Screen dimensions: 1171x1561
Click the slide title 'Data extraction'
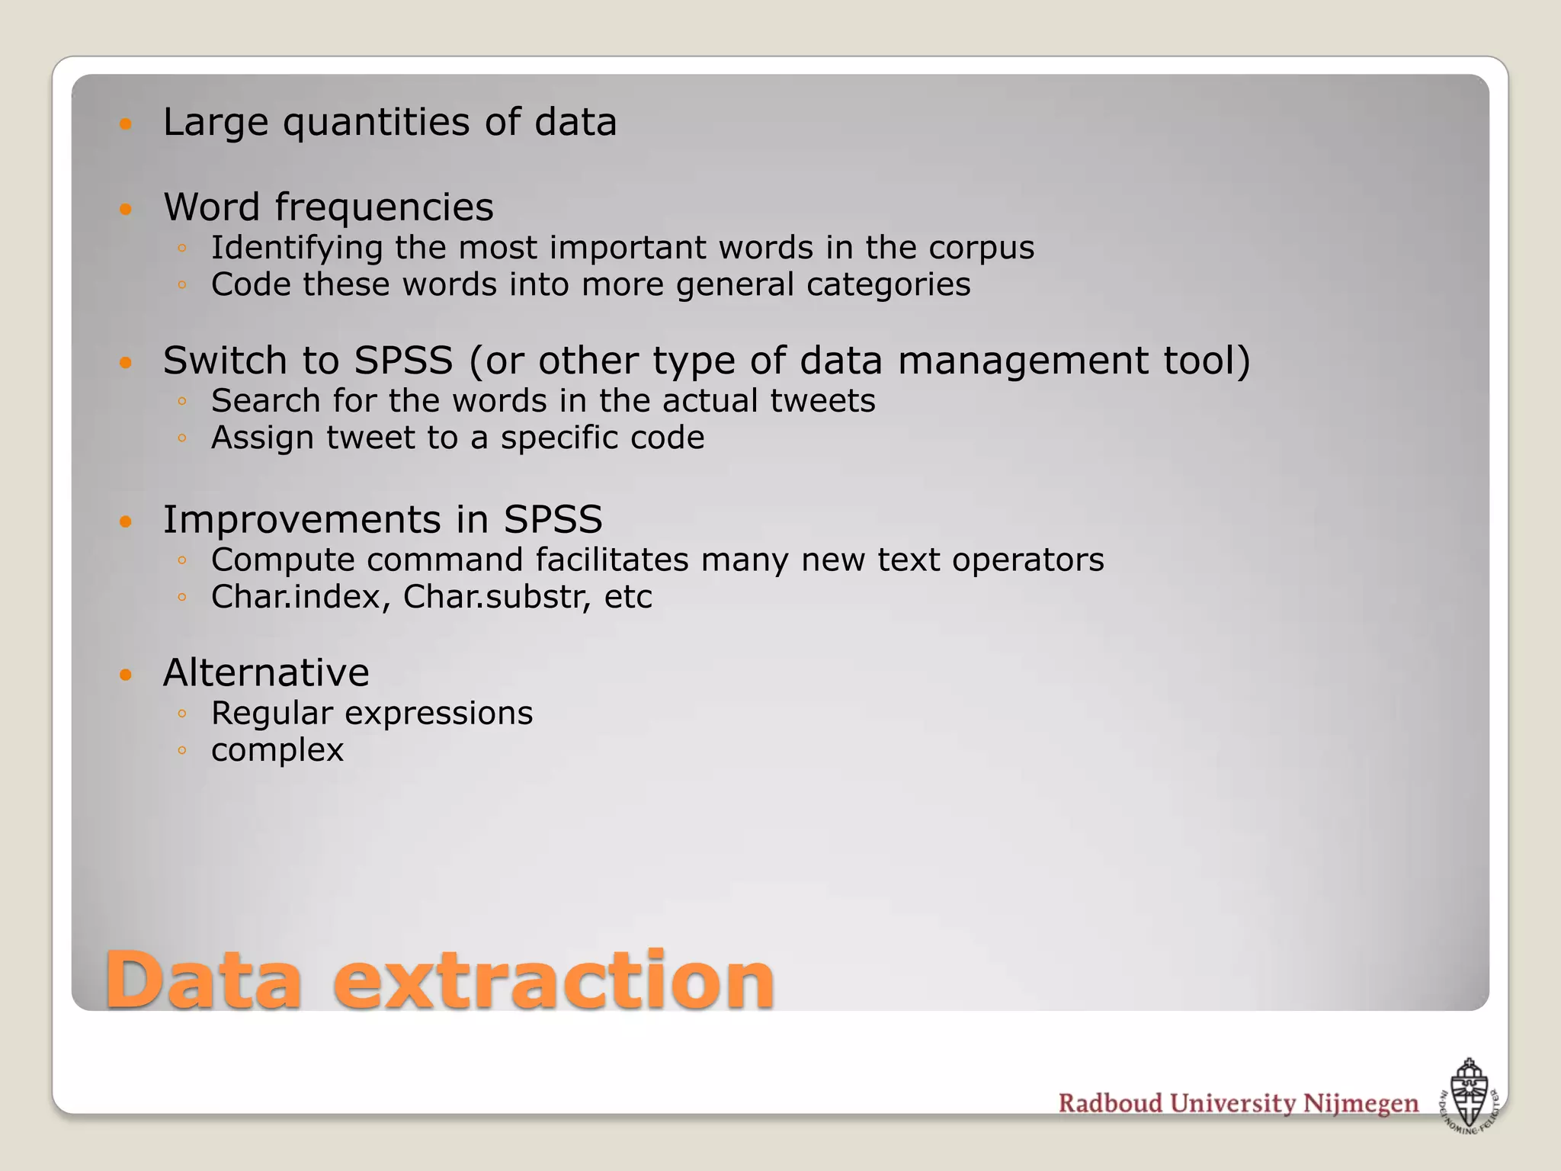[x=440, y=980]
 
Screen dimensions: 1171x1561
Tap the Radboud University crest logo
[x=1469, y=1096]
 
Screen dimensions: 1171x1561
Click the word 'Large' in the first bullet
[x=216, y=124]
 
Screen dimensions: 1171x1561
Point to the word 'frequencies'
[x=384, y=207]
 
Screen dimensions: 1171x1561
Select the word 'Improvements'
[x=302, y=520]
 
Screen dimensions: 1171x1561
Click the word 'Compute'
[x=283, y=560]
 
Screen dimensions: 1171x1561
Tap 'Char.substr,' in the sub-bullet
[x=497, y=597]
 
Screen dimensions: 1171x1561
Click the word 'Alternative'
[x=266, y=673]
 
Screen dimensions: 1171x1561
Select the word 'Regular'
[x=272, y=714]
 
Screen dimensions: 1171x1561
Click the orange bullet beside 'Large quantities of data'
[x=127, y=124]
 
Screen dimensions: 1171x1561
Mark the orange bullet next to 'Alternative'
[x=127, y=674]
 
